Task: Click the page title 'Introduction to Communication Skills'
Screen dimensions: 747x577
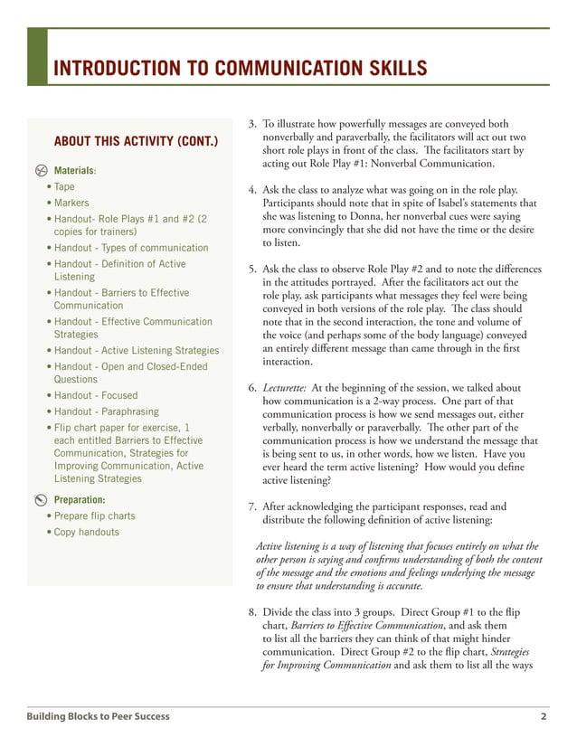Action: tap(240, 68)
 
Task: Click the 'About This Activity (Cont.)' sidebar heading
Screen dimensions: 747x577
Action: tap(136, 142)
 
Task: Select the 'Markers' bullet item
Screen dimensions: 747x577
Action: tap(71, 203)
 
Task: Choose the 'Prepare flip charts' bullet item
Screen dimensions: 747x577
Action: tap(94, 516)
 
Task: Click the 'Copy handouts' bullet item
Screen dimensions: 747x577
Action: tap(86, 533)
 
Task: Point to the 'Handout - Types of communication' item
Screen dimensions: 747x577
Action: tap(130, 248)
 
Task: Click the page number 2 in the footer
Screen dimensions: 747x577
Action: tap(544, 717)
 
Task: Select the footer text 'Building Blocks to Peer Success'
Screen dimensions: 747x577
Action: tap(98, 717)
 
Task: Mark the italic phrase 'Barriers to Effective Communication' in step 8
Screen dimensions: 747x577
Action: tap(366, 626)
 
